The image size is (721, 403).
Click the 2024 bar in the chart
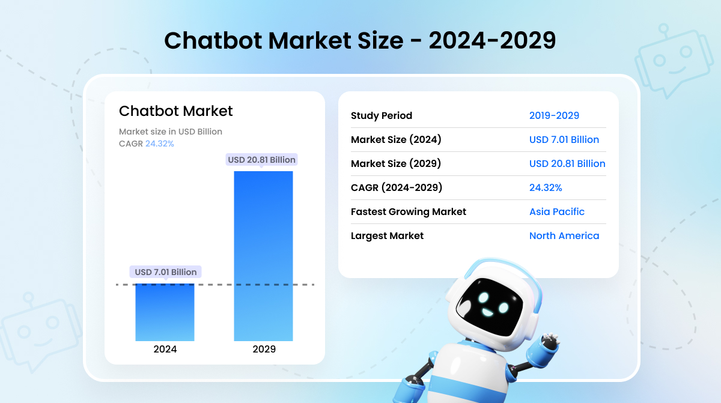point(165,312)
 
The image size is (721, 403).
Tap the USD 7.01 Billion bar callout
point(165,272)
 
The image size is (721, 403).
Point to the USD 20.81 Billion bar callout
point(261,160)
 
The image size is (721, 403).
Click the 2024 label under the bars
point(165,349)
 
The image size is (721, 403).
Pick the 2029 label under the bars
point(264,349)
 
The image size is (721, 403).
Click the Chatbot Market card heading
point(175,111)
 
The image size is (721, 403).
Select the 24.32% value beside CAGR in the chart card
point(160,144)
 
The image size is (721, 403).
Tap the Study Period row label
point(382,115)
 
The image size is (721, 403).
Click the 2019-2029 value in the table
point(554,115)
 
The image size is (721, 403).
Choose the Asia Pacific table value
point(557,211)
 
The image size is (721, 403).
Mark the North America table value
point(564,235)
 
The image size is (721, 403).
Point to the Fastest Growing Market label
point(409,211)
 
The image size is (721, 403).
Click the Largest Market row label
point(387,235)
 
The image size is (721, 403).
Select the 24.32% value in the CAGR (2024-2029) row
point(546,187)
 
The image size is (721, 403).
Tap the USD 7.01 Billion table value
point(564,139)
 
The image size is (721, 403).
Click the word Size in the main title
point(377,41)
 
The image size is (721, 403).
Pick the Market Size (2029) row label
point(396,163)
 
